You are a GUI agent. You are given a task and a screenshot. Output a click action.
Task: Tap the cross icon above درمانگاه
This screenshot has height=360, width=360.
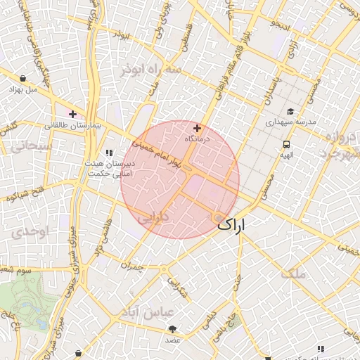tap(197, 129)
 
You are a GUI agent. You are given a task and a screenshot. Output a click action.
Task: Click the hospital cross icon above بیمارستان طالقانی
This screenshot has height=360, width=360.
tap(72, 114)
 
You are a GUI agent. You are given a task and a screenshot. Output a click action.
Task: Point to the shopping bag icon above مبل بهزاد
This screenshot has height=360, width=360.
tap(25, 79)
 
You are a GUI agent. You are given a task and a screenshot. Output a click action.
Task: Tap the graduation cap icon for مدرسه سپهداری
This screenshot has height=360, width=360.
tap(290, 111)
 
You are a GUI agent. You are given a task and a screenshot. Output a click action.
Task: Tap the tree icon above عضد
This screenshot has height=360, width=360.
tap(172, 329)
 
